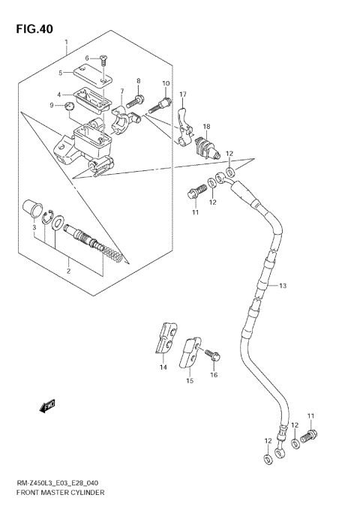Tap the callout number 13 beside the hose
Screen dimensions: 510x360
pyautogui.click(x=283, y=286)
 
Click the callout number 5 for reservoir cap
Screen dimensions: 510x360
pyautogui.click(x=61, y=73)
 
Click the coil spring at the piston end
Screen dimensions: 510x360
pyautogui.click(x=110, y=255)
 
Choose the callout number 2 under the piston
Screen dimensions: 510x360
pyautogui.click(x=68, y=271)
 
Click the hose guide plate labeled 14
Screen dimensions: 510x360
pyautogui.click(x=167, y=338)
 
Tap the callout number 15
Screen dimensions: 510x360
pyautogui.click(x=189, y=381)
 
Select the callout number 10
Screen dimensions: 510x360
pyautogui.click(x=166, y=83)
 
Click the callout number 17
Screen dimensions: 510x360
pyautogui.click(x=182, y=94)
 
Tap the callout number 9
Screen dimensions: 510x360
pyautogui.click(x=51, y=106)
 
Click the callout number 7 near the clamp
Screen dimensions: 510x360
pyautogui.click(x=121, y=91)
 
